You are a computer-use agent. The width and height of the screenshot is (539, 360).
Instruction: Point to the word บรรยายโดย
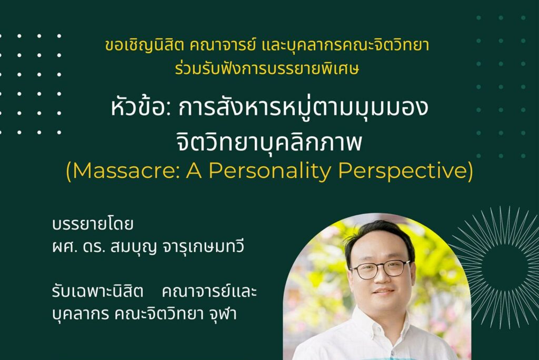point(93,224)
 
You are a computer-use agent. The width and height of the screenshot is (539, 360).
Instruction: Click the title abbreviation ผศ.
point(64,247)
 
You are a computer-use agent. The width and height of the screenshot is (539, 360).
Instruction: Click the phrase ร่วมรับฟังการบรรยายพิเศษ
point(267,68)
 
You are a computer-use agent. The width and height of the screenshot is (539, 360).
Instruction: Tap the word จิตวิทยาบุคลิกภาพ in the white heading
point(269,142)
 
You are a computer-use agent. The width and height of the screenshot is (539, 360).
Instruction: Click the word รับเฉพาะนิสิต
point(97,292)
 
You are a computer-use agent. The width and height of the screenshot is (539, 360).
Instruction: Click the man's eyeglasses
point(381,269)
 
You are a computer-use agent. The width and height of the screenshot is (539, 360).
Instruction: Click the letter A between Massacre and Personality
point(194,171)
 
